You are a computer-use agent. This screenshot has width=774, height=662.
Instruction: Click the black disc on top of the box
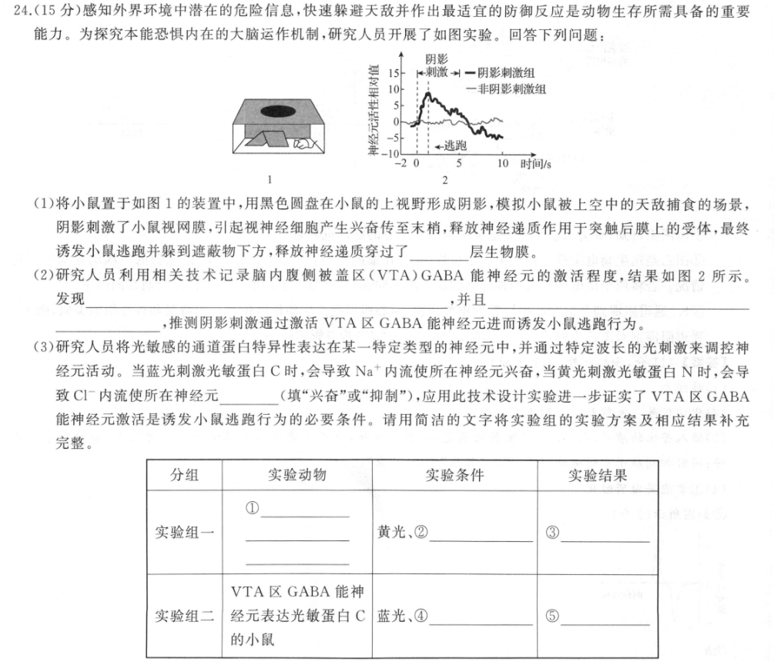pyautogui.click(x=280, y=112)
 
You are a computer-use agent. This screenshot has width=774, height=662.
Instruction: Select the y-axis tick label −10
pyautogui.click(x=392, y=154)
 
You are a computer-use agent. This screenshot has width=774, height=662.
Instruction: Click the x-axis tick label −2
pyautogui.click(x=400, y=164)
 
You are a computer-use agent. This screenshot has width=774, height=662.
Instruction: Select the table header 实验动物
pyautogui.click(x=297, y=473)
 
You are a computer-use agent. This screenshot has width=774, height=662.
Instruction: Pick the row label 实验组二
pyautogui.click(x=184, y=616)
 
